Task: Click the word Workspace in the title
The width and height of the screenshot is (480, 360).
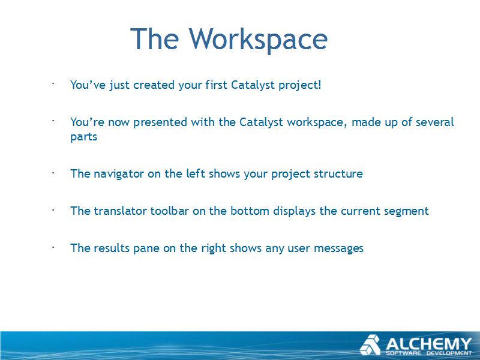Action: [258, 39]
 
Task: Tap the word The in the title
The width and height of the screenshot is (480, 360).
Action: [154, 38]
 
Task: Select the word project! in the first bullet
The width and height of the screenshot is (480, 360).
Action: [299, 85]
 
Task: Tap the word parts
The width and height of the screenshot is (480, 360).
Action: [83, 137]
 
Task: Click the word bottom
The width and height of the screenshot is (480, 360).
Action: [250, 211]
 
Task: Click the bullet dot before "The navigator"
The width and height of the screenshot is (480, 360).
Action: [53, 173]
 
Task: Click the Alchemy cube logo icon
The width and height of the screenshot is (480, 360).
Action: [370, 344]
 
